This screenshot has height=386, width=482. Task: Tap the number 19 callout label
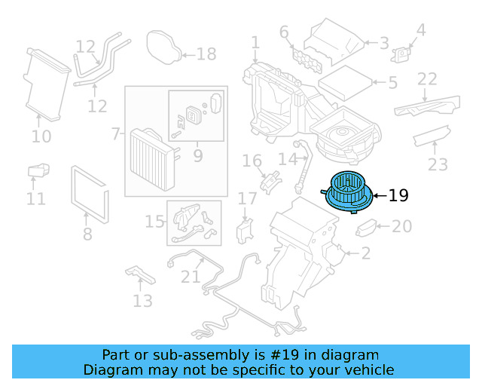398,196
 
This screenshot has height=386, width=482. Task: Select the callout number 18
206,54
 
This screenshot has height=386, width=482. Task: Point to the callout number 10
41,136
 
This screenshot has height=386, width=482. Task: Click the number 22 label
427,79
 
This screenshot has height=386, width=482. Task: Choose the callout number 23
438,164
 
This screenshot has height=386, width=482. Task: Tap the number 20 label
402,226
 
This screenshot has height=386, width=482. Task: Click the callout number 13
142,302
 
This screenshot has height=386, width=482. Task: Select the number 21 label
191,277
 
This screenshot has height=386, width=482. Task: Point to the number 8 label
87,234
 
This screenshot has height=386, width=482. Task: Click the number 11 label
35,199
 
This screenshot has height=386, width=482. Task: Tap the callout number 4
421,30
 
